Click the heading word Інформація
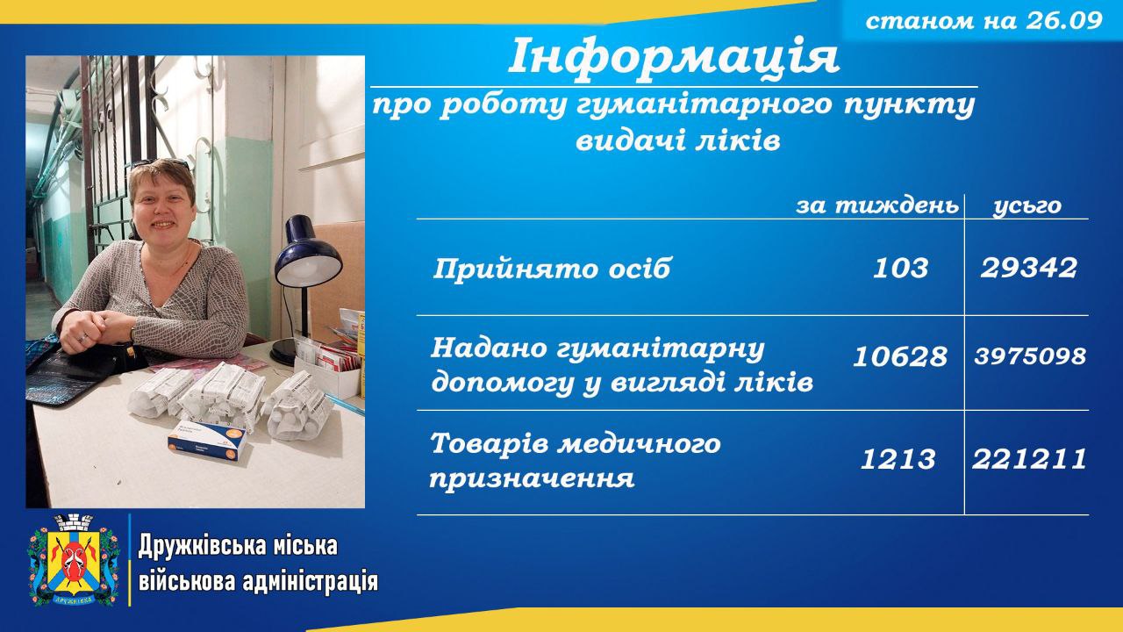click(x=674, y=55)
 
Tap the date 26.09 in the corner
click(x=1064, y=20)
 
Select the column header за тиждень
click(x=877, y=205)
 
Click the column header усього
click(x=1027, y=206)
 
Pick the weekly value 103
click(x=900, y=268)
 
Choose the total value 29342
click(x=1029, y=268)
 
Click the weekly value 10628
click(x=900, y=356)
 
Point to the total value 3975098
click(x=1030, y=356)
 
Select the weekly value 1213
click(x=898, y=459)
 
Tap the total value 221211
click(x=1030, y=459)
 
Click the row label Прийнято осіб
click(x=552, y=269)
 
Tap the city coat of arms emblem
click(x=75, y=560)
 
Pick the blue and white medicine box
click(x=208, y=440)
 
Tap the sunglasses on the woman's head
click(x=161, y=163)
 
